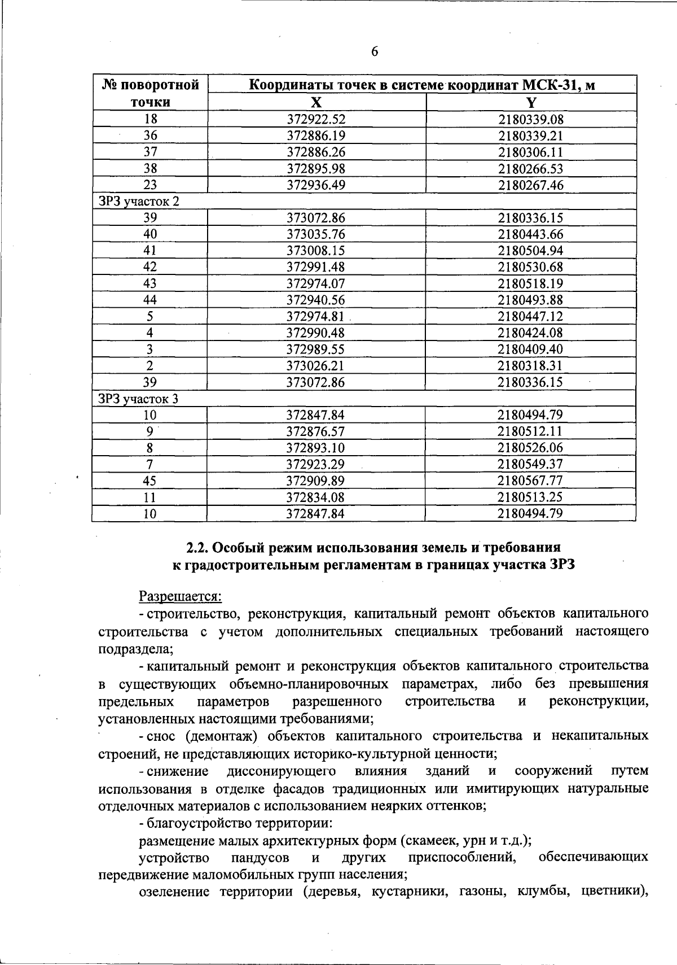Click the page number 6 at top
[x=375, y=52]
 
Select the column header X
[x=316, y=102]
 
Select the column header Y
[x=531, y=102]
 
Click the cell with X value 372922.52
[x=316, y=119]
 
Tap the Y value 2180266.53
[x=530, y=169]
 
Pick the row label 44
[x=150, y=300]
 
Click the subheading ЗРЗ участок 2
[x=139, y=202]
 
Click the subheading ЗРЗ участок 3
[x=139, y=399]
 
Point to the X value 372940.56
[x=316, y=300]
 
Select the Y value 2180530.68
[x=530, y=267]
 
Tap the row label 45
[x=150, y=481]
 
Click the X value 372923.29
[x=316, y=465]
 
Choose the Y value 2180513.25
[x=530, y=497]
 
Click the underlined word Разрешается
[x=181, y=596]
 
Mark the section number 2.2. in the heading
[x=198, y=547]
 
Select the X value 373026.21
[x=316, y=366]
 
